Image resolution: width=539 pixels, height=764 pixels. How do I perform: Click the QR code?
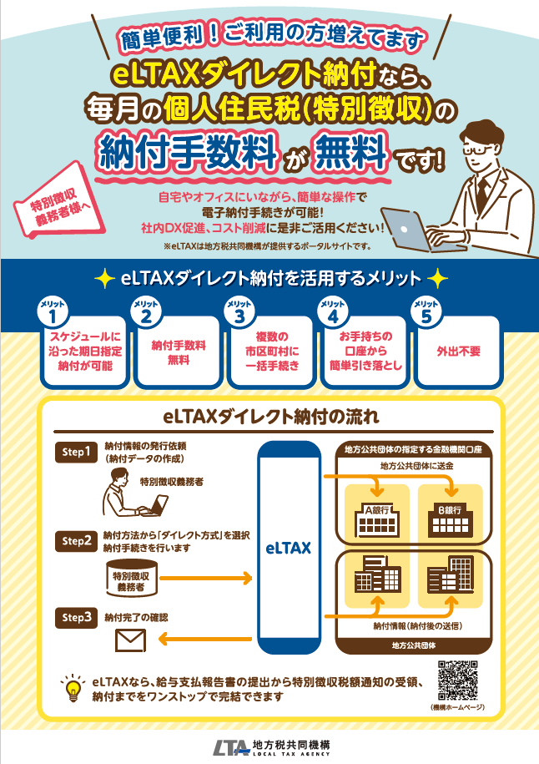[x=457, y=680]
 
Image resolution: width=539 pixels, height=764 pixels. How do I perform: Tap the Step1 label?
[x=77, y=452]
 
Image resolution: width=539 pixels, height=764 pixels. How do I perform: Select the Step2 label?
[x=77, y=541]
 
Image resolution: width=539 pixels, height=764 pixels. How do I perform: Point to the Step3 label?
[x=77, y=617]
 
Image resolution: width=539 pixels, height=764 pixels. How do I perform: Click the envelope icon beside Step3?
[x=130, y=640]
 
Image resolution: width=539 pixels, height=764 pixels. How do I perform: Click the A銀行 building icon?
[x=377, y=519]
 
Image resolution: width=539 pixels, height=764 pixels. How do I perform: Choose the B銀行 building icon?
[x=450, y=519]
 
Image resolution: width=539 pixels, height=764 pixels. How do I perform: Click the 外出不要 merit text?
[x=458, y=352]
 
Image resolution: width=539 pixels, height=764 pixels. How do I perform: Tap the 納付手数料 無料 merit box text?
[x=179, y=352]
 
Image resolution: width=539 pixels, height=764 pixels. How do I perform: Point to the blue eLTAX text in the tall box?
[x=288, y=548]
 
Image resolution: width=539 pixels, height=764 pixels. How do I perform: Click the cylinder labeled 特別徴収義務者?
[x=132, y=578]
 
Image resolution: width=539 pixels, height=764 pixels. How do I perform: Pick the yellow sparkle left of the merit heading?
[x=103, y=278]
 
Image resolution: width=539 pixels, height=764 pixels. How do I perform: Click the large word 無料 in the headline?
[x=352, y=152]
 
